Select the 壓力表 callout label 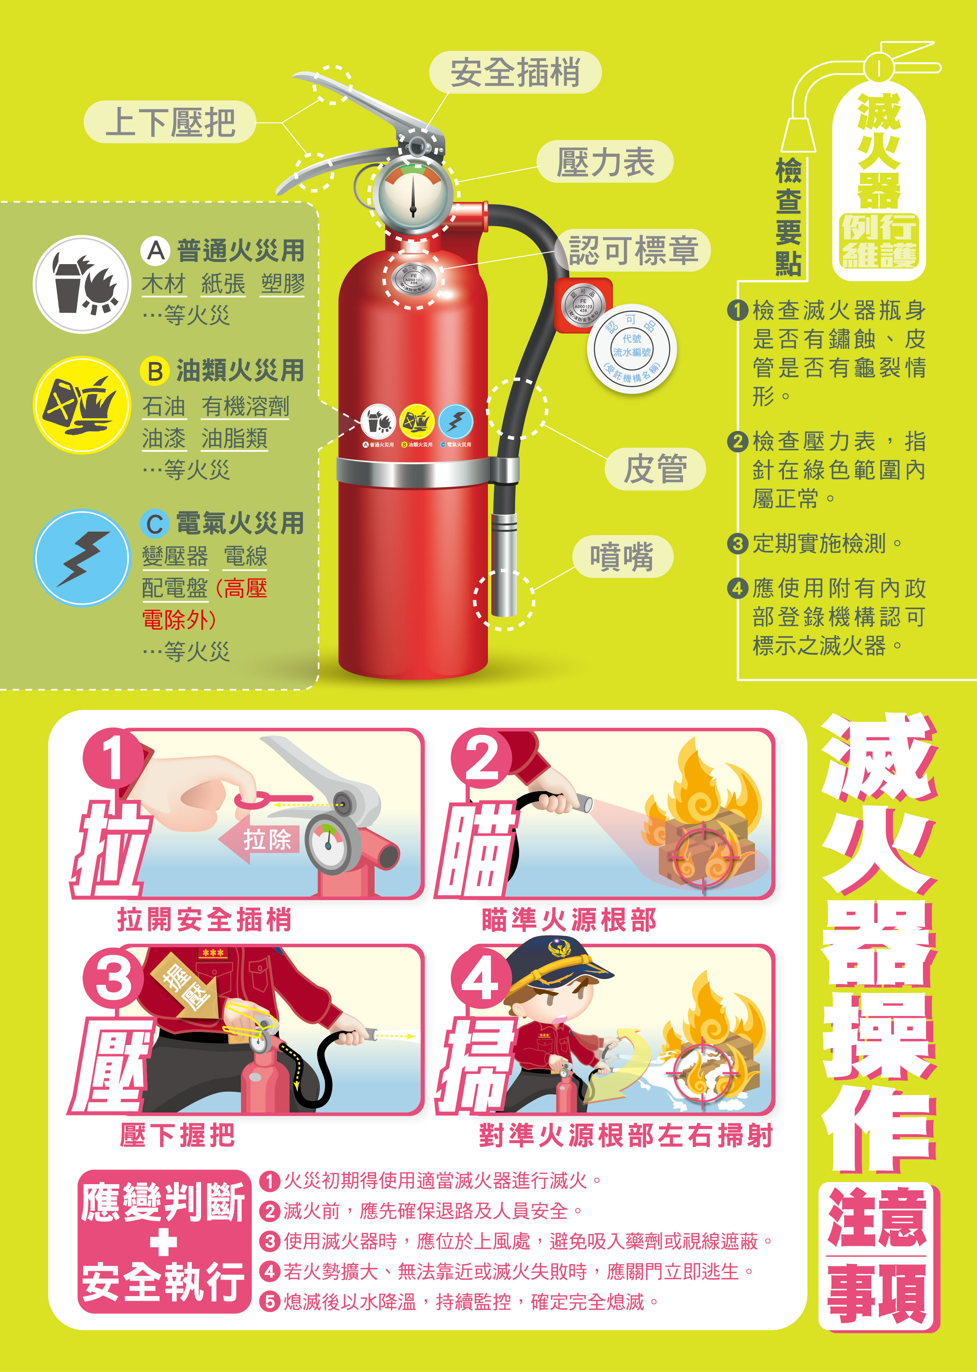click(605, 162)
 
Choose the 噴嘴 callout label click(622, 556)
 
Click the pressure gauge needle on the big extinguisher click(413, 196)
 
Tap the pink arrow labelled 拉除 click(259, 839)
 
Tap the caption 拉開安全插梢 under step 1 click(205, 919)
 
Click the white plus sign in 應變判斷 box click(163, 1242)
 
